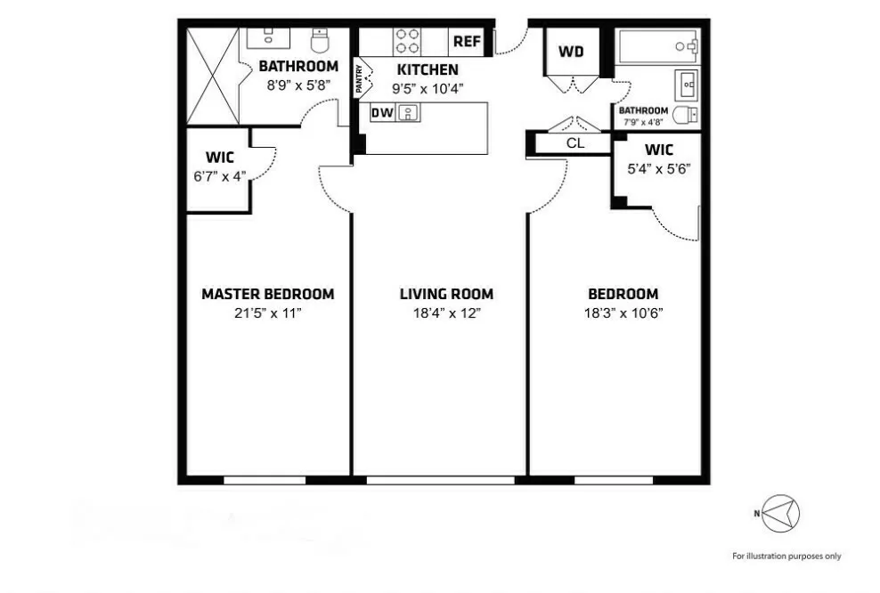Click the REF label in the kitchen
(x=468, y=41)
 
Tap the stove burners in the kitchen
(x=407, y=42)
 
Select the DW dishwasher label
(x=381, y=113)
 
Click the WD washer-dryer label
(x=571, y=52)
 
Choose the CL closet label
(x=574, y=142)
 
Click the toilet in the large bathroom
(x=321, y=40)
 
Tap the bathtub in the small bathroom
(x=657, y=45)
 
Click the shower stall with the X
(x=212, y=75)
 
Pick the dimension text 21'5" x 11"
(x=267, y=313)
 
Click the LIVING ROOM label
(x=446, y=294)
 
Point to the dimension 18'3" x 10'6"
(x=623, y=313)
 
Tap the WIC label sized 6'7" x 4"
(x=219, y=158)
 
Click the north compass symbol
(x=780, y=514)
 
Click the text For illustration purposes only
(x=786, y=556)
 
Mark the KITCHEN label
(x=428, y=69)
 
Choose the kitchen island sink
(x=409, y=113)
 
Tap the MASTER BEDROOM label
(x=267, y=294)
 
